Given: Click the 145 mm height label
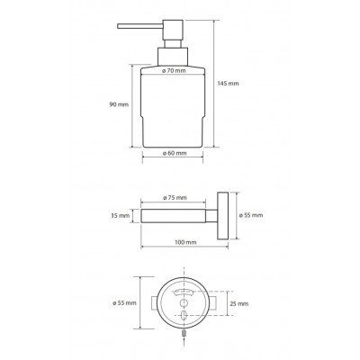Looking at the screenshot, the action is (229, 84).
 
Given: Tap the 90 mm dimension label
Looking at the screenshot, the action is (119, 104).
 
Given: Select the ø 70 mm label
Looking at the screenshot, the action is (174, 71).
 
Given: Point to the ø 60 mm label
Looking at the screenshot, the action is (175, 153).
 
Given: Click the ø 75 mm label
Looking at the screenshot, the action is (175, 198).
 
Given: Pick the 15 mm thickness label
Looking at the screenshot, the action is (120, 216).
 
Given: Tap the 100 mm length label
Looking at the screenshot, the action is (185, 242).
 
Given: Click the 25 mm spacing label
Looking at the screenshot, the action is (239, 303).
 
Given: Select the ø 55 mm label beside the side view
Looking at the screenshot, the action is (251, 215).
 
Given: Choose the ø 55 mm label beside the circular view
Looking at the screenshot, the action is (124, 303).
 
